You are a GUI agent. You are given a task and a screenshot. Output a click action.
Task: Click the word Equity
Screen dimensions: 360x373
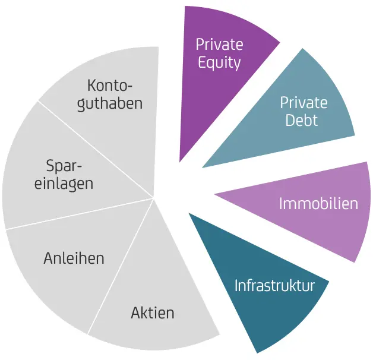pos(219,63)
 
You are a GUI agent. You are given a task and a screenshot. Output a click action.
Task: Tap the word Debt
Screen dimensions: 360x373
pos(302,121)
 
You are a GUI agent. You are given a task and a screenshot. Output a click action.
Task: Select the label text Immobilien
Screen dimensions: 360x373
pos(318,204)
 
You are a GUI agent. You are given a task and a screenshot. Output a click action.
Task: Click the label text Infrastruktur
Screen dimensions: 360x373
pos(274,286)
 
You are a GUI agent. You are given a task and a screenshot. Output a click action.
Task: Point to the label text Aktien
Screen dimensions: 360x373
pos(153,312)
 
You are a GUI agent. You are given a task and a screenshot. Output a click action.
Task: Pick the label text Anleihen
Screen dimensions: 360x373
pos(74,258)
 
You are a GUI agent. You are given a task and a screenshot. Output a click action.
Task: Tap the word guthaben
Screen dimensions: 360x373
pos(114,103)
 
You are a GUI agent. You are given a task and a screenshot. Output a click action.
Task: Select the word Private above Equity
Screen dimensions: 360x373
pos(219,45)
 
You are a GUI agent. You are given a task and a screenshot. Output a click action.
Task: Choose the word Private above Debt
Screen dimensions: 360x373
pos(304,102)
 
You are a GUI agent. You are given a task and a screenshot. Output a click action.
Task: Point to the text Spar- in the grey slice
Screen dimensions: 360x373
pos(64,165)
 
